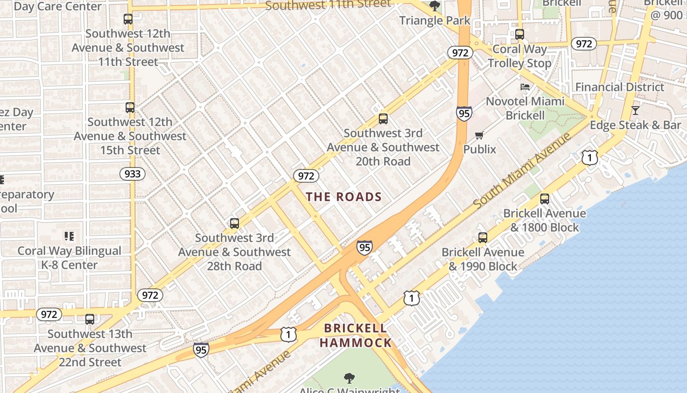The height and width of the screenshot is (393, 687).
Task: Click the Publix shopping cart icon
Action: tap(479, 135)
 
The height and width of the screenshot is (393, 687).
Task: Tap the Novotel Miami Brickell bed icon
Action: tap(525, 87)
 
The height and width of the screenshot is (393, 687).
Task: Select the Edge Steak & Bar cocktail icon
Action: tap(635, 111)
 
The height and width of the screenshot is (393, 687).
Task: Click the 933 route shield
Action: tap(132, 173)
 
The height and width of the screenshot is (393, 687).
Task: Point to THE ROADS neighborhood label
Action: tap(343, 197)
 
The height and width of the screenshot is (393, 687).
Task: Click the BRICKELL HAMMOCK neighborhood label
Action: tap(356, 336)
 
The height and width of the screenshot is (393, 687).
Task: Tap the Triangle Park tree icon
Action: tap(434, 6)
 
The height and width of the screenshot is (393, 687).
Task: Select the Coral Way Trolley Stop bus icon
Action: tap(520, 34)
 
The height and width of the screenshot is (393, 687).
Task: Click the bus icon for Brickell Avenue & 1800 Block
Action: tap(545, 199)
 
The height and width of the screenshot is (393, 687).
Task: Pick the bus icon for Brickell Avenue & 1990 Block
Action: tap(483, 238)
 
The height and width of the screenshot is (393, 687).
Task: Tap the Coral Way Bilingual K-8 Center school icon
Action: tap(69, 236)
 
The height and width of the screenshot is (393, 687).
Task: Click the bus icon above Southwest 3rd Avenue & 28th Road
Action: tap(235, 224)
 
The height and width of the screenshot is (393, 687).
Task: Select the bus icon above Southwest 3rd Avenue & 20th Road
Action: tap(383, 118)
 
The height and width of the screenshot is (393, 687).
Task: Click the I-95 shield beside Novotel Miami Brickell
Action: tap(464, 113)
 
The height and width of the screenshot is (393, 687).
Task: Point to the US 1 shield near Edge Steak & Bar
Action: tap(590, 157)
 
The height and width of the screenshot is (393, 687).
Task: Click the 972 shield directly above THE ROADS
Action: tap(306, 175)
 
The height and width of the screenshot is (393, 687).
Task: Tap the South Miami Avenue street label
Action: tap(523, 169)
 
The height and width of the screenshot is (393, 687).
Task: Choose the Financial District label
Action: tap(619, 87)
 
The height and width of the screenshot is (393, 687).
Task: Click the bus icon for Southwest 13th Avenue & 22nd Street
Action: tap(90, 319)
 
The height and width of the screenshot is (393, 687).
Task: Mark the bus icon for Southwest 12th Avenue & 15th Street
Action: tap(130, 107)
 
